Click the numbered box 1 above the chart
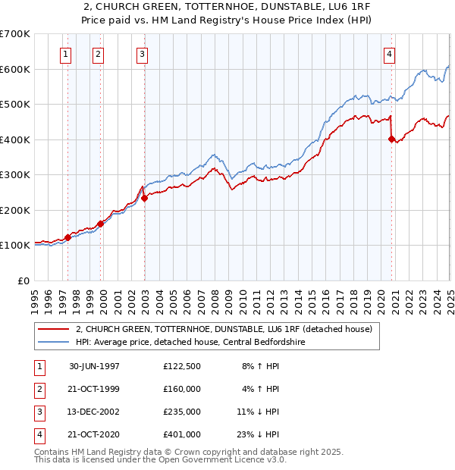(x=67, y=54)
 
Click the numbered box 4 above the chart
(x=389, y=54)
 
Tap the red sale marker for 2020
(x=392, y=139)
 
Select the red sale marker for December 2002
(x=144, y=198)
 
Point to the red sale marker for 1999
(x=100, y=224)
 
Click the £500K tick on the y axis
(x=15, y=104)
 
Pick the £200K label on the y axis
(x=15, y=210)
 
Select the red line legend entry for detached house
(x=223, y=330)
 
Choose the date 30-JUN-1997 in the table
(x=94, y=365)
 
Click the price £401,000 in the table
(x=181, y=434)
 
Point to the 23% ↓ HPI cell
(x=259, y=434)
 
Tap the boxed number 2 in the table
(x=38, y=389)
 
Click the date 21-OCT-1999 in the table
(x=94, y=389)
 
